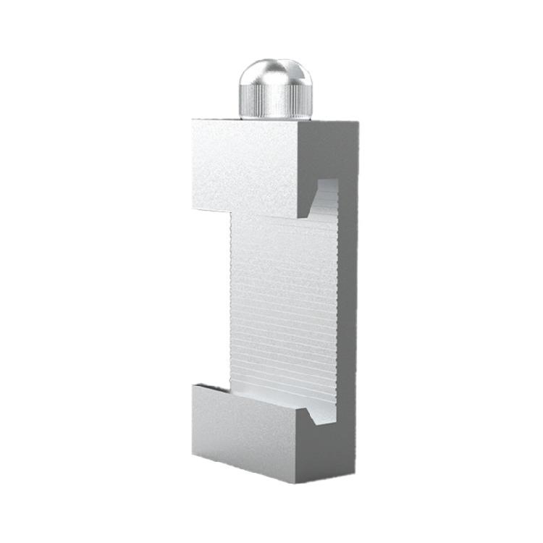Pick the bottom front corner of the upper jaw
point(299,218)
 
